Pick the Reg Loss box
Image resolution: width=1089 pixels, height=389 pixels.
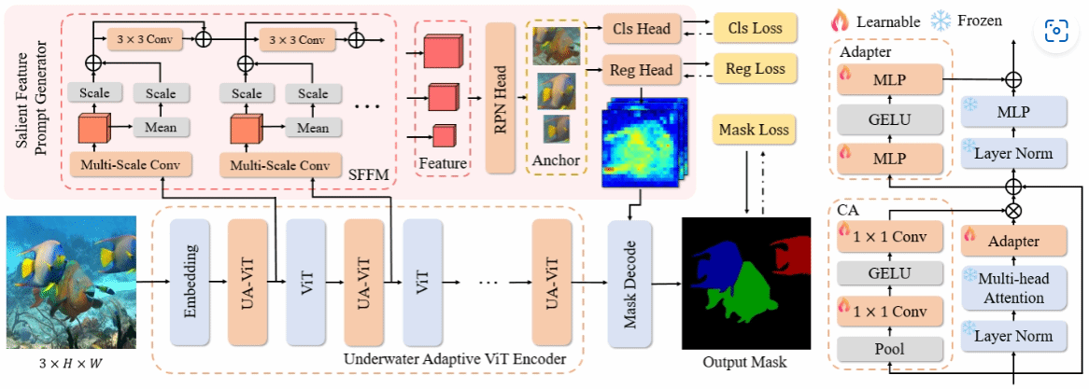(755, 67)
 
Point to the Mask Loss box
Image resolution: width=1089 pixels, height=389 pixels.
(755, 132)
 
